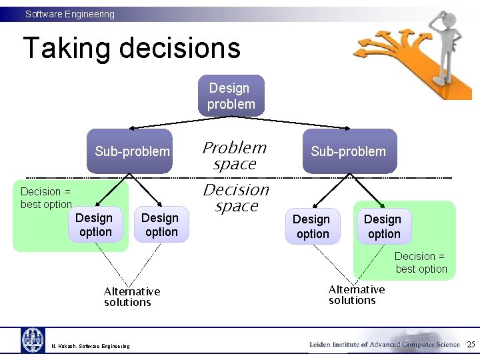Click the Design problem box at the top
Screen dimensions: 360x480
(231, 95)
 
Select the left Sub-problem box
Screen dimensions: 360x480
(132, 151)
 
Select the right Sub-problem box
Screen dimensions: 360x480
(348, 151)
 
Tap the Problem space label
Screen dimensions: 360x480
(235, 155)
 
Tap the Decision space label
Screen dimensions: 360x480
(236, 197)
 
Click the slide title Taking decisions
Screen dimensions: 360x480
(131, 48)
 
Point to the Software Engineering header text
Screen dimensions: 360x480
(70, 14)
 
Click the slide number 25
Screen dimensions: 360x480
(471, 344)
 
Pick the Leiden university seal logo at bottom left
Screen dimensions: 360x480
(33, 341)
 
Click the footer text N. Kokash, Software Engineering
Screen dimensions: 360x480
(91, 345)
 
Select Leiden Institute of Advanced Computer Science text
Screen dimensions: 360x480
(385, 344)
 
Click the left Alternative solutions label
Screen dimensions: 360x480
(131, 297)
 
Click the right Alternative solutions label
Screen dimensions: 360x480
(356, 295)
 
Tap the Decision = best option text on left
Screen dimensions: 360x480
(46, 198)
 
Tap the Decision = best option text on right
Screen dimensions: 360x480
(421, 263)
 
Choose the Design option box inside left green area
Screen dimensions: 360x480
(95, 225)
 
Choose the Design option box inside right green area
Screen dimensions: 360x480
(383, 227)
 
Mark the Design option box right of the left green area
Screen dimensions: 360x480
(160, 225)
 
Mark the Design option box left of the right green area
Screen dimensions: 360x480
(312, 227)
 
